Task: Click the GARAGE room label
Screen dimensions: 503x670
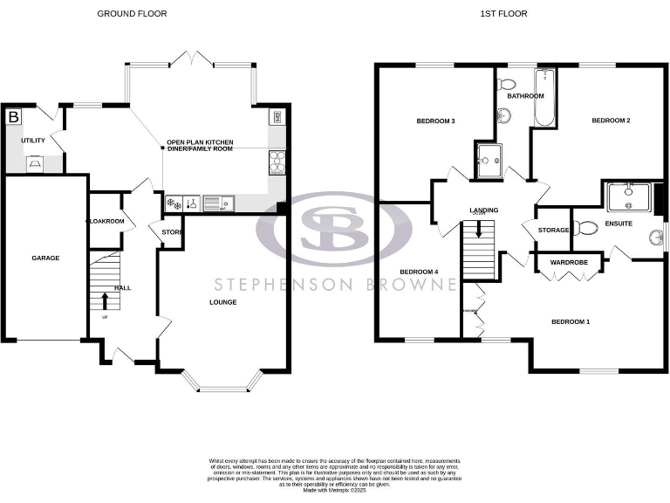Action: tap(45, 258)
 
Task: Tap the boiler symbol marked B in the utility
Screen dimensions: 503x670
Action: tap(13, 116)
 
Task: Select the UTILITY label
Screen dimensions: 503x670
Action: tap(33, 139)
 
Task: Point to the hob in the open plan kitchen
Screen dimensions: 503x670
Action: tap(277, 160)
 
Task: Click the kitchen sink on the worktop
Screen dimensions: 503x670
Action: tap(215, 204)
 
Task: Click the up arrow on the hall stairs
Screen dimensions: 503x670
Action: tap(106, 301)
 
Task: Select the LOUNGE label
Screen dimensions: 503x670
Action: tap(222, 302)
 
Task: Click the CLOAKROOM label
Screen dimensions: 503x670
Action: tap(106, 222)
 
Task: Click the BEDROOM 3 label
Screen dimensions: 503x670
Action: tap(435, 121)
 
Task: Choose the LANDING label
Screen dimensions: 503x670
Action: tap(483, 210)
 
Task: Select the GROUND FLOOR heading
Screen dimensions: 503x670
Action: tap(132, 14)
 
